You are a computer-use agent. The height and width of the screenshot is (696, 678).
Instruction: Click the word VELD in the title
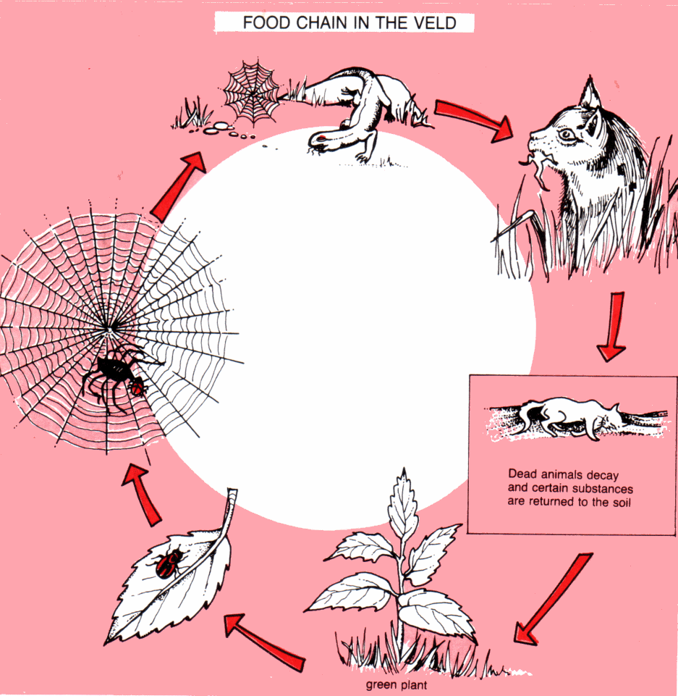tap(436, 22)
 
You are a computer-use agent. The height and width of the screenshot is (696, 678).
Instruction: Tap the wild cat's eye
tap(566, 135)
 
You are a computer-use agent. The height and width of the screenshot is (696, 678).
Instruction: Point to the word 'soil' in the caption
tap(619, 501)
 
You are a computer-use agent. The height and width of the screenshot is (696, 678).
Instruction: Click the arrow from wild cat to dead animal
tap(612, 326)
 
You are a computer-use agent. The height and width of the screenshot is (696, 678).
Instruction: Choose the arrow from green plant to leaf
tap(263, 638)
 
